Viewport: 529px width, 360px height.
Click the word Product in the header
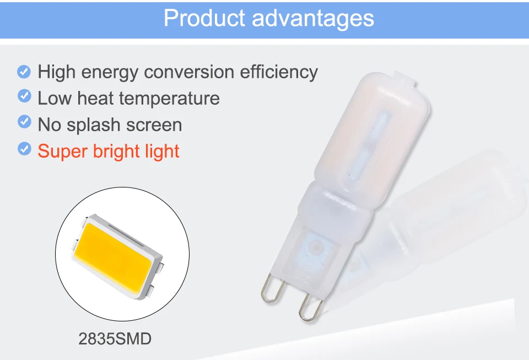click(204, 19)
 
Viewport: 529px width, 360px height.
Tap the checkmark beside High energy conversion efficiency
click(24, 71)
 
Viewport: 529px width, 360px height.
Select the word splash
click(94, 125)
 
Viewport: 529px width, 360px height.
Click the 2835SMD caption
click(115, 338)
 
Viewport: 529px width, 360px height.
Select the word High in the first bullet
click(54, 72)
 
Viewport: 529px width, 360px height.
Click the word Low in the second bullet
click(55, 99)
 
